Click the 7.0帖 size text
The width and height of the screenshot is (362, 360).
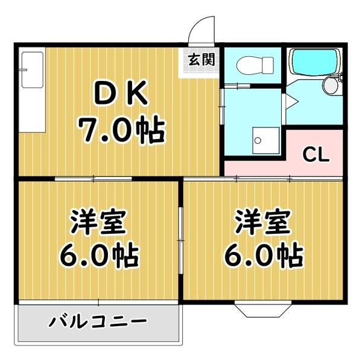(x=121, y=130)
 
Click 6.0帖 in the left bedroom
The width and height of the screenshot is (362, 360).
(x=98, y=257)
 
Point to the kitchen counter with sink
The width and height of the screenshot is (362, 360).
(x=32, y=91)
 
